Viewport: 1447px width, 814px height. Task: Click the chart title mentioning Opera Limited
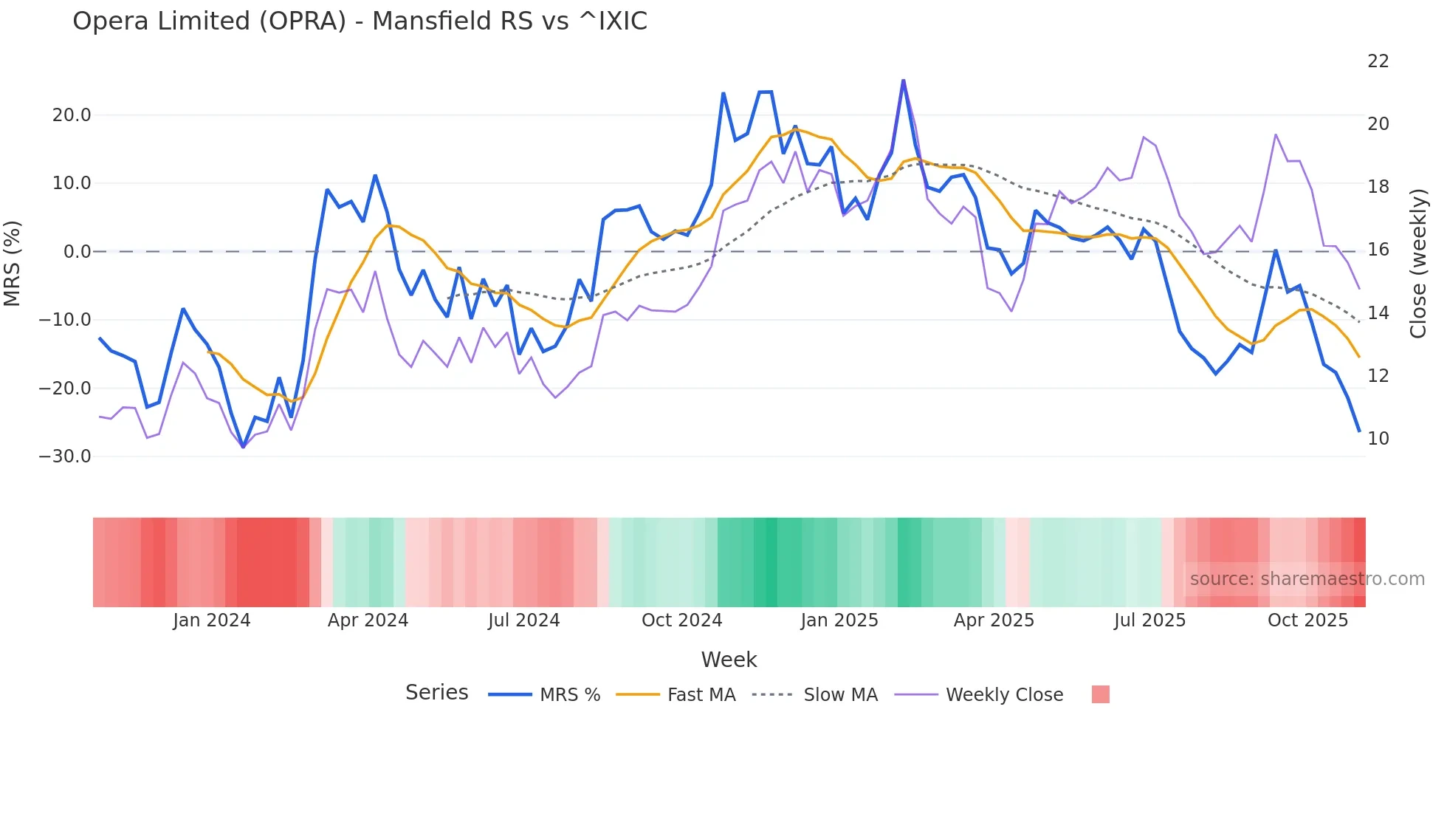click(x=360, y=21)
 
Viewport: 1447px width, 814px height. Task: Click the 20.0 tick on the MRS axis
click(x=72, y=115)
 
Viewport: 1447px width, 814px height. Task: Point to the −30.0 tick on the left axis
click(x=65, y=456)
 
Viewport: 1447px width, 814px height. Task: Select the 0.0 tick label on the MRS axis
click(x=78, y=252)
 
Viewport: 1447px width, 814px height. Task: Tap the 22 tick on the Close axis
click(x=1378, y=61)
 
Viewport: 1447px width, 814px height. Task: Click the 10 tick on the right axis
click(x=1378, y=439)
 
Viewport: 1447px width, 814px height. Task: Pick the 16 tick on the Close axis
click(x=1378, y=250)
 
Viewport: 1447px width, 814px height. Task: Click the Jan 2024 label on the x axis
click(x=212, y=620)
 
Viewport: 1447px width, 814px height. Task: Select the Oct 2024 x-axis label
click(x=681, y=620)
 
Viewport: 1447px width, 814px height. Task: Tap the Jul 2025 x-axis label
click(x=1149, y=620)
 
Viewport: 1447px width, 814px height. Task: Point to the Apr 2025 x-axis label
click(x=994, y=620)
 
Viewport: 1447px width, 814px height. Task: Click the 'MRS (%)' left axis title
click(x=13, y=263)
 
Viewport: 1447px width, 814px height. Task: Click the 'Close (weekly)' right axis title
click(x=1417, y=264)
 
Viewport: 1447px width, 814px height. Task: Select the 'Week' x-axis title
click(x=729, y=660)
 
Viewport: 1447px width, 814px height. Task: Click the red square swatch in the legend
click(x=1100, y=694)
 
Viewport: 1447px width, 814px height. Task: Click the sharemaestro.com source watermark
click(x=1307, y=579)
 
